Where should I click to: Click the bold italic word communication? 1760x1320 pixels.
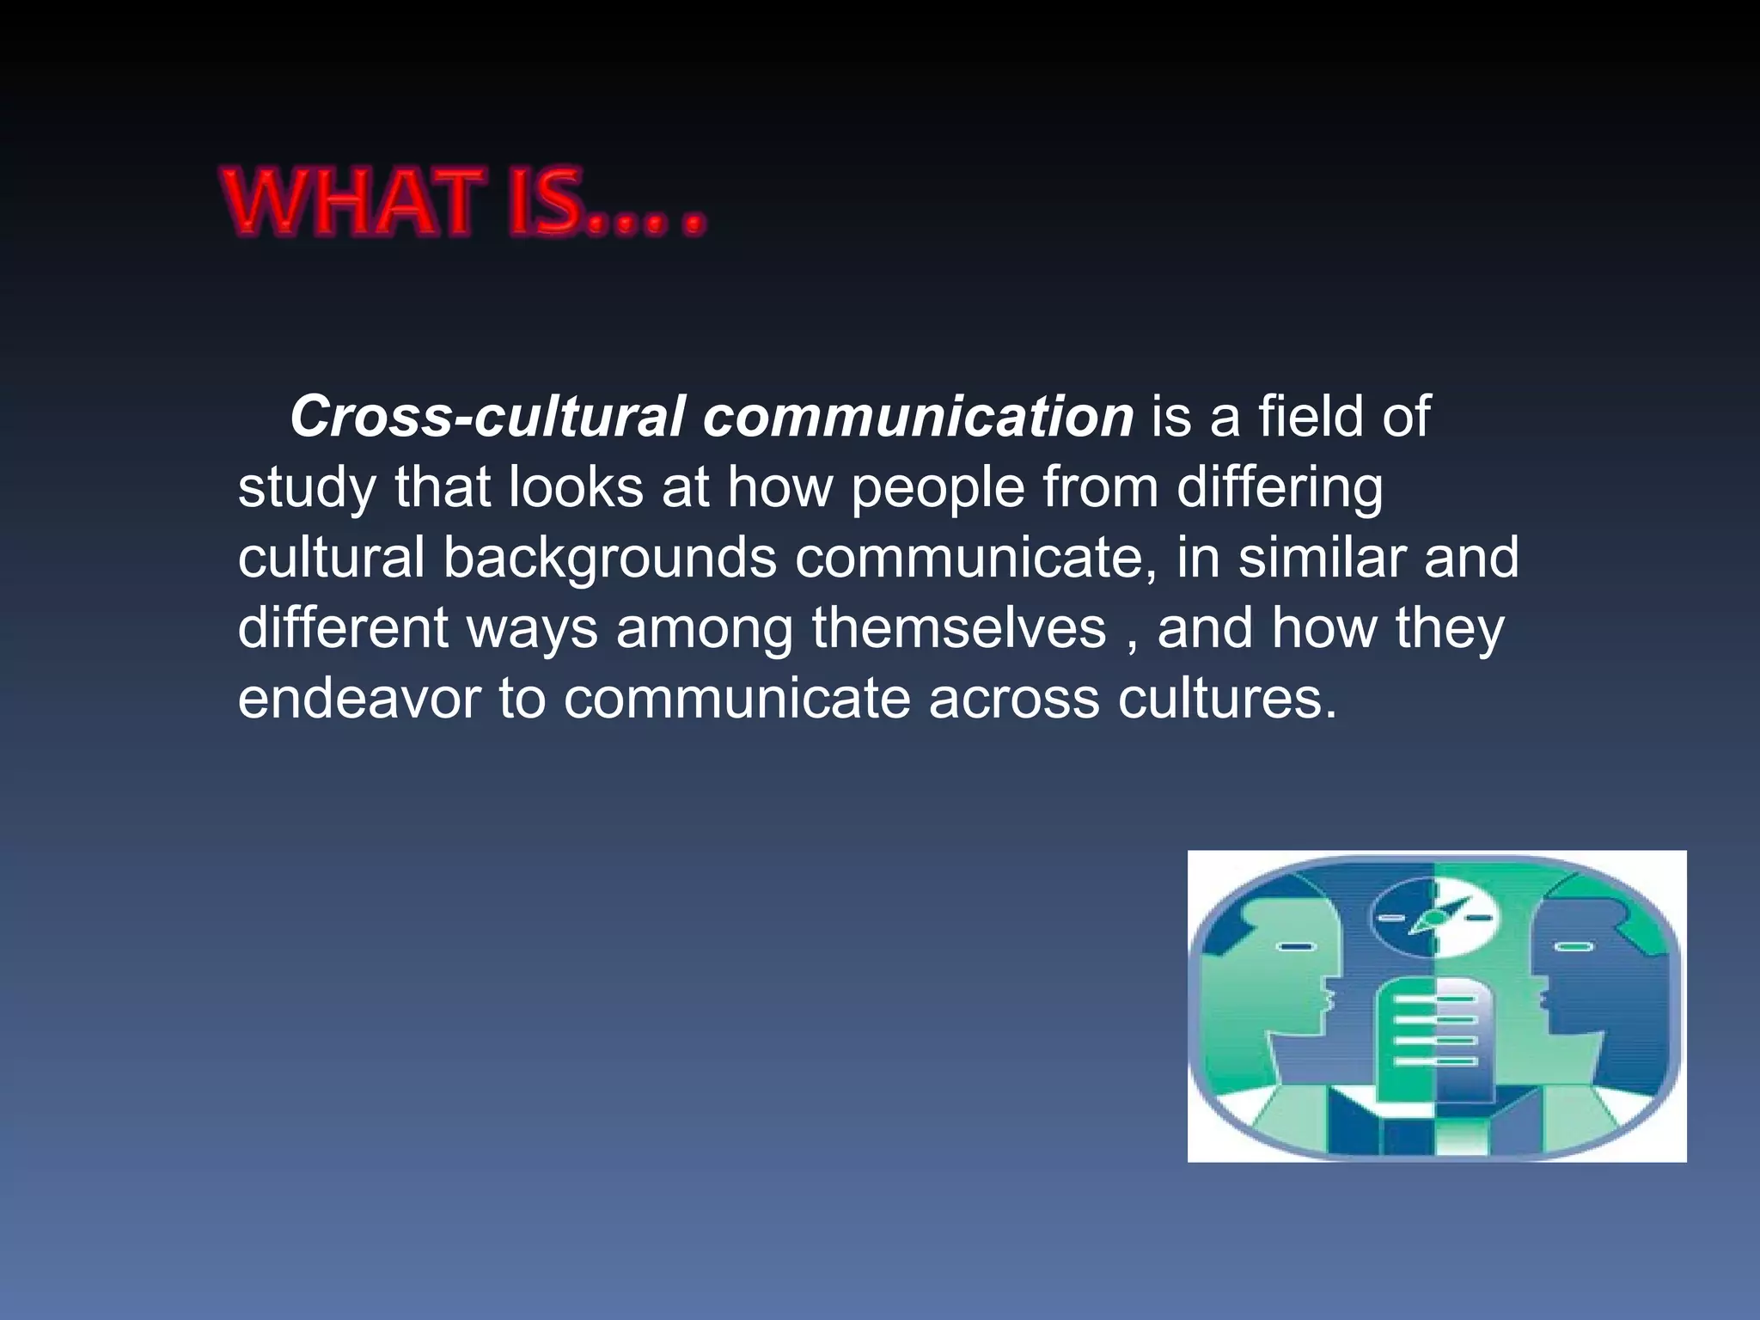coord(918,417)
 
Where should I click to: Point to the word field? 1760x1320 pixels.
coord(1311,417)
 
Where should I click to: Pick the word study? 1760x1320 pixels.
coord(307,489)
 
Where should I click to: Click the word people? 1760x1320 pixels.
coord(938,489)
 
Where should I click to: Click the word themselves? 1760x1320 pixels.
coord(959,628)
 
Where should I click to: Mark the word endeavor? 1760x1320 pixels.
coord(358,699)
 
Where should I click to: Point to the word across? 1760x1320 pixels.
coord(1014,699)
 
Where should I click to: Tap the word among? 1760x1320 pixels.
coord(705,628)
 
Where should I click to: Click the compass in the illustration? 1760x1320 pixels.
coord(1433,918)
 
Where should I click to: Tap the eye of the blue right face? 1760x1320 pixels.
coord(1574,947)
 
